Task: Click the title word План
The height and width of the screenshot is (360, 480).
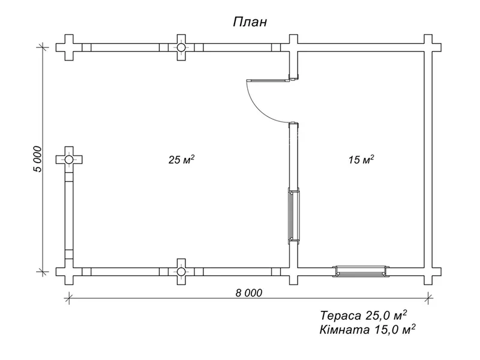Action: pyautogui.click(x=250, y=22)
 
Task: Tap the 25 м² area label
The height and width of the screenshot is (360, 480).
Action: pyautogui.click(x=182, y=160)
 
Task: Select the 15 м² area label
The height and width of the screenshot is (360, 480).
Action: pyautogui.click(x=361, y=160)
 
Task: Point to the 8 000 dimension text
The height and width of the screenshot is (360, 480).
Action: pyautogui.click(x=249, y=293)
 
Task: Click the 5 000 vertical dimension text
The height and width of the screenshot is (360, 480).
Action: pyautogui.click(x=38, y=159)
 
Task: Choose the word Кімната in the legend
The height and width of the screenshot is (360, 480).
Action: pyautogui.click(x=344, y=329)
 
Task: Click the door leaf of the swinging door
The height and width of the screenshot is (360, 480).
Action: pyautogui.click(x=268, y=80)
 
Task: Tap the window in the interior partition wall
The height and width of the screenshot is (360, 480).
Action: pyautogui.click(x=293, y=216)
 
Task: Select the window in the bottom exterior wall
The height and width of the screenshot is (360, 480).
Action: pyautogui.click(x=361, y=272)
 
